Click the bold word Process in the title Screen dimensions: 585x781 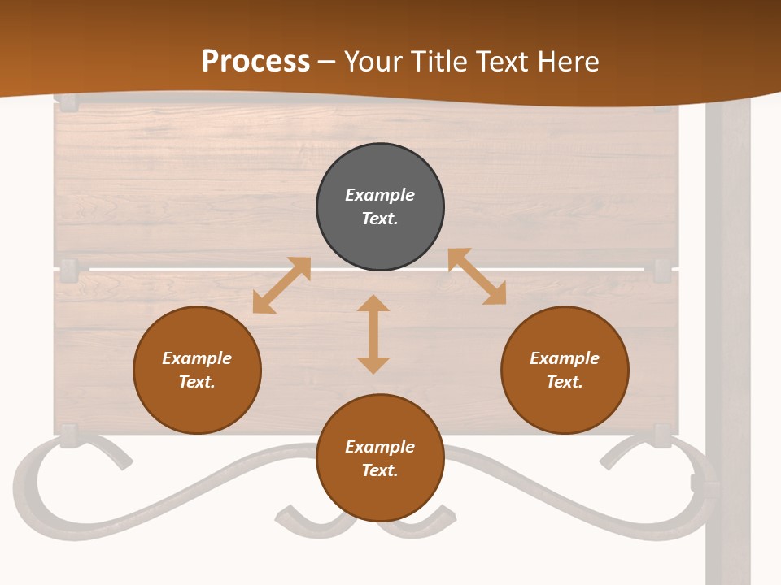click(x=255, y=62)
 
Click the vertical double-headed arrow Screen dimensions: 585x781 click(x=373, y=335)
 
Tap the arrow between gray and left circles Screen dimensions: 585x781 click(x=281, y=285)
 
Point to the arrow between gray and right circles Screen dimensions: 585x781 click(x=477, y=276)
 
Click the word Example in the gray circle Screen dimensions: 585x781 click(x=380, y=195)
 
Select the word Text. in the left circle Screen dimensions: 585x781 click(x=197, y=382)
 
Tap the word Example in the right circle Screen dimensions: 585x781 click(x=565, y=358)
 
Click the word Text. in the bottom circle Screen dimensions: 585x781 click(x=380, y=470)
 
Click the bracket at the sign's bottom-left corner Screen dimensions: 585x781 click(x=69, y=435)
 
